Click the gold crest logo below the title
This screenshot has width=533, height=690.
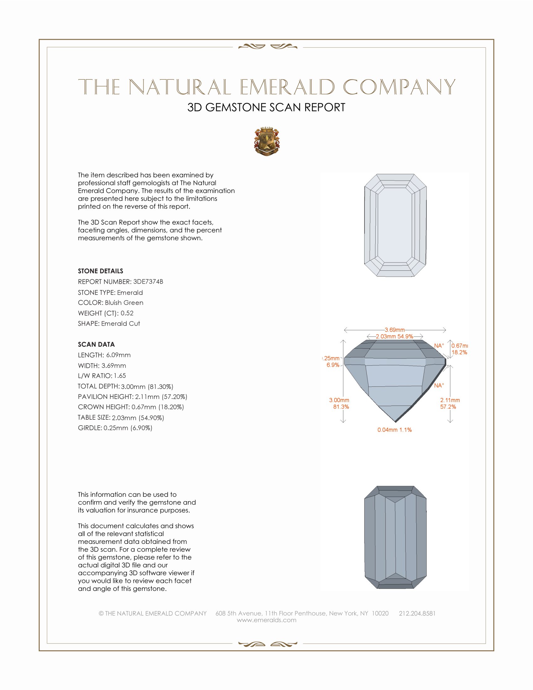266,141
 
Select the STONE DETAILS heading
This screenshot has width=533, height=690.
100,271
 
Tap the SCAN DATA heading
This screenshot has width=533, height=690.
96,344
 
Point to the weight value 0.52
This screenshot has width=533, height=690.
127,313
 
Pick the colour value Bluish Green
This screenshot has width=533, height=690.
124,303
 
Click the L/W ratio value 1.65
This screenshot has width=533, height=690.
120,376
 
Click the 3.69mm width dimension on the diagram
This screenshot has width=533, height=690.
394,330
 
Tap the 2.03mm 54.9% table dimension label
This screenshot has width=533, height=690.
394,337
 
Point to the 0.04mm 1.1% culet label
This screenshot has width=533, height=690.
394,430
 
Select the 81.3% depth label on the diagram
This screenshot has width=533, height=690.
341,406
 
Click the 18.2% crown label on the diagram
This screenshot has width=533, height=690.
459,352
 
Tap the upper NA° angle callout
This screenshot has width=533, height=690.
439,346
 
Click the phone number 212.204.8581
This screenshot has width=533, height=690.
417,613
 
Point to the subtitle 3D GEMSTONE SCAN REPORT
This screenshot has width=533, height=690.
266,107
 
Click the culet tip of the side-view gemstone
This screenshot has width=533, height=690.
395,421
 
